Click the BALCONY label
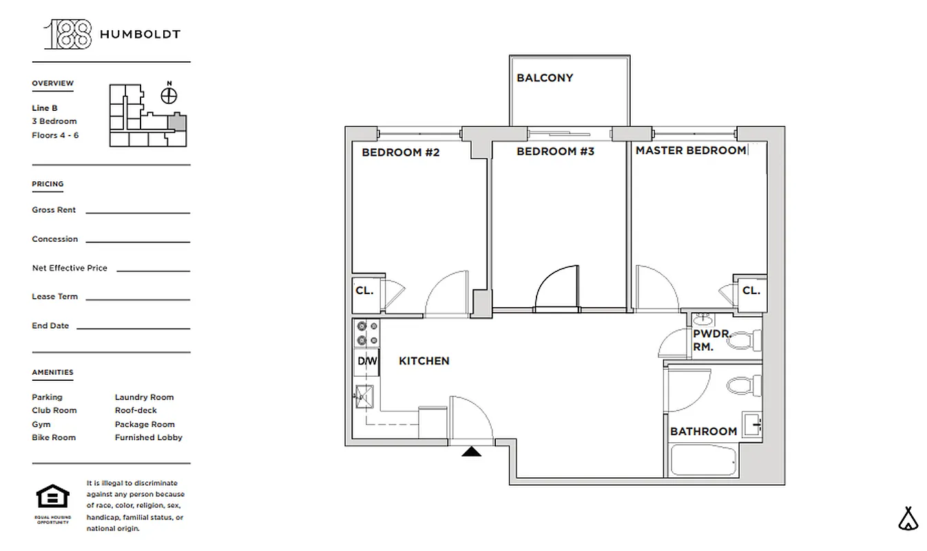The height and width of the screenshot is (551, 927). pyautogui.click(x=544, y=78)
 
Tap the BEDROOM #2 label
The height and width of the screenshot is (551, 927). pyautogui.click(x=400, y=152)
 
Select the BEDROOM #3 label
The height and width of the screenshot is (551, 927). pyautogui.click(x=555, y=151)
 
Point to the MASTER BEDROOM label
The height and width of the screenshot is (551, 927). pyautogui.click(x=690, y=150)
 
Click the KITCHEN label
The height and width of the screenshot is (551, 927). pyautogui.click(x=424, y=360)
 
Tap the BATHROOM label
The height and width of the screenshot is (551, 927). pyautogui.click(x=703, y=431)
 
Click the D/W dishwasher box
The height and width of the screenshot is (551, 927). pyautogui.click(x=366, y=361)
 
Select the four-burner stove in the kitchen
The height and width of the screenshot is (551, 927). pyautogui.click(x=366, y=333)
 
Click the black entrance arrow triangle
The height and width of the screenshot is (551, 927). pyautogui.click(x=471, y=452)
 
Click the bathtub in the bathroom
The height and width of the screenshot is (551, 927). pyautogui.click(x=703, y=460)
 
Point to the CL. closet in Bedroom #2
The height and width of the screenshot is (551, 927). pyautogui.click(x=365, y=290)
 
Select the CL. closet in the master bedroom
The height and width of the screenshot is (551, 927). pyautogui.click(x=751, y=290)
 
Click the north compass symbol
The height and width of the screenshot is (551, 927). pyautogui.click(x=169, y=94)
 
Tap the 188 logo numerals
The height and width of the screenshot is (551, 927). pyautogui.click(x=67, y=34)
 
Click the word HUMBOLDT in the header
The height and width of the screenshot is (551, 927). pyautogui.click(x=140, y=34)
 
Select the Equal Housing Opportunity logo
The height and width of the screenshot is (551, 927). pyautogui.click(x=52, y=499)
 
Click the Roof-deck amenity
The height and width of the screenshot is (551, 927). pyautogui.click(x=136, y=410)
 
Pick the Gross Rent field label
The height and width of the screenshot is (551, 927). pyautogui.click(x=54, y=210)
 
